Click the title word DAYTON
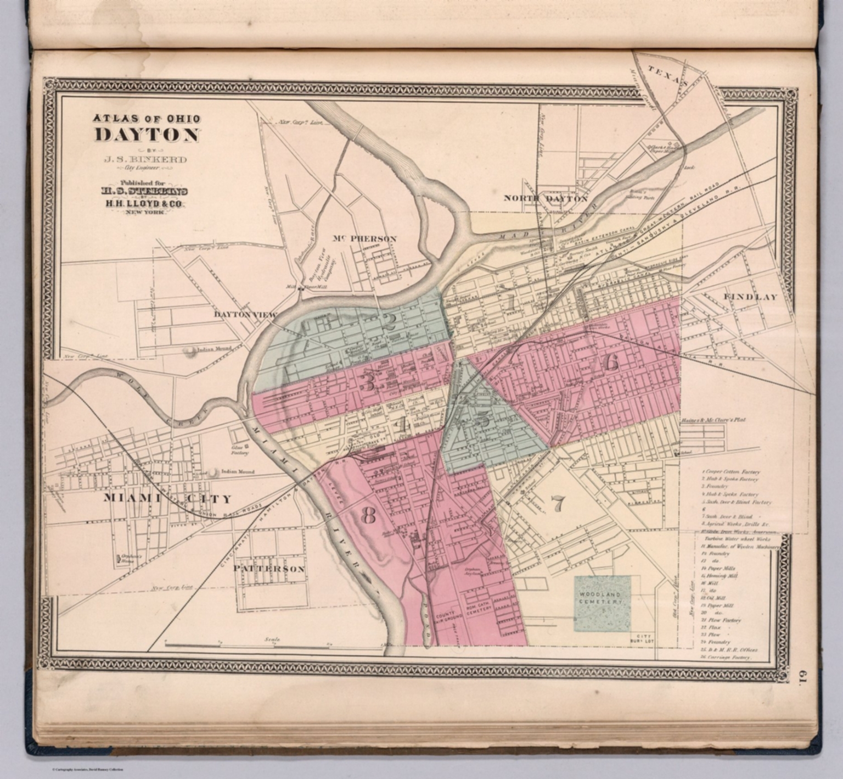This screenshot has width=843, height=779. click(147, 135)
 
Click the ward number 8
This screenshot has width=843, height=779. click(368, 515)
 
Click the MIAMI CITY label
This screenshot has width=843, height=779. click(167, 499)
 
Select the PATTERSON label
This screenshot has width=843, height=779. click(269, 569)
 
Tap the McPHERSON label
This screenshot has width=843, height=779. click(364, 238)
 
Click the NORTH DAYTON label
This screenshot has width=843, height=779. click(546, 198)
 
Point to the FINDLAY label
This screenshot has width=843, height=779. click(750, 297)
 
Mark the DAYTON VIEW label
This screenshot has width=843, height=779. click(245, 315)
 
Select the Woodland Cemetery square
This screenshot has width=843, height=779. click(602, 603)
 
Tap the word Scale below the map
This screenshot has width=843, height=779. click(272, 639)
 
